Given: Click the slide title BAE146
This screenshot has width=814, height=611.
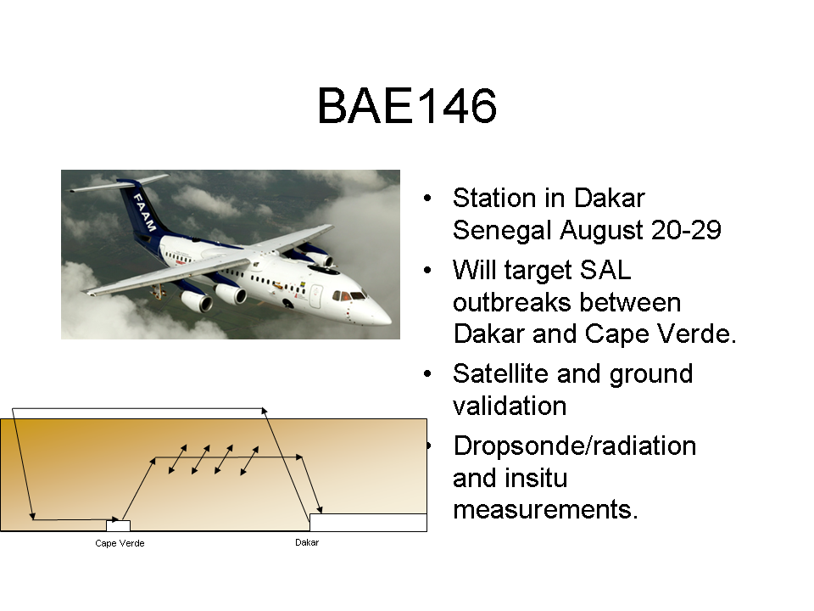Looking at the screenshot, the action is point(407,106).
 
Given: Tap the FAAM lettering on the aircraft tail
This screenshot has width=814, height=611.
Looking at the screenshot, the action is point(144,212).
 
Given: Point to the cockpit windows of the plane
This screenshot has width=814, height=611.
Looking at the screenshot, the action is point(348,296).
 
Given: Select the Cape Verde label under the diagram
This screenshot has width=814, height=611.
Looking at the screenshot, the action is point(120,543).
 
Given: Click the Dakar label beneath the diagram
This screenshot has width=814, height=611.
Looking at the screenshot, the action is point(307,542).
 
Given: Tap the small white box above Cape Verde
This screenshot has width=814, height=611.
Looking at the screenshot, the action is point(119,525).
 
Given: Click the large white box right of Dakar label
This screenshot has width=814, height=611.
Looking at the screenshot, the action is point(368,522).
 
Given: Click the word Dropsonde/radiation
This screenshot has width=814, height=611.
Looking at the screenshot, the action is point(575,446).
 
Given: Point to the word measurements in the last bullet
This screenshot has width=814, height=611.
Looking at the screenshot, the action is point(545,509).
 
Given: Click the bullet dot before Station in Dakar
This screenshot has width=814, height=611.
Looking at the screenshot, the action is point(427,198).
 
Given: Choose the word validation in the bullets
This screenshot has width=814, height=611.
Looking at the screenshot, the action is point(510,406).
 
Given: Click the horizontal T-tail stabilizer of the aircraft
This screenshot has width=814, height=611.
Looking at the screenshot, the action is point(120,183).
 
